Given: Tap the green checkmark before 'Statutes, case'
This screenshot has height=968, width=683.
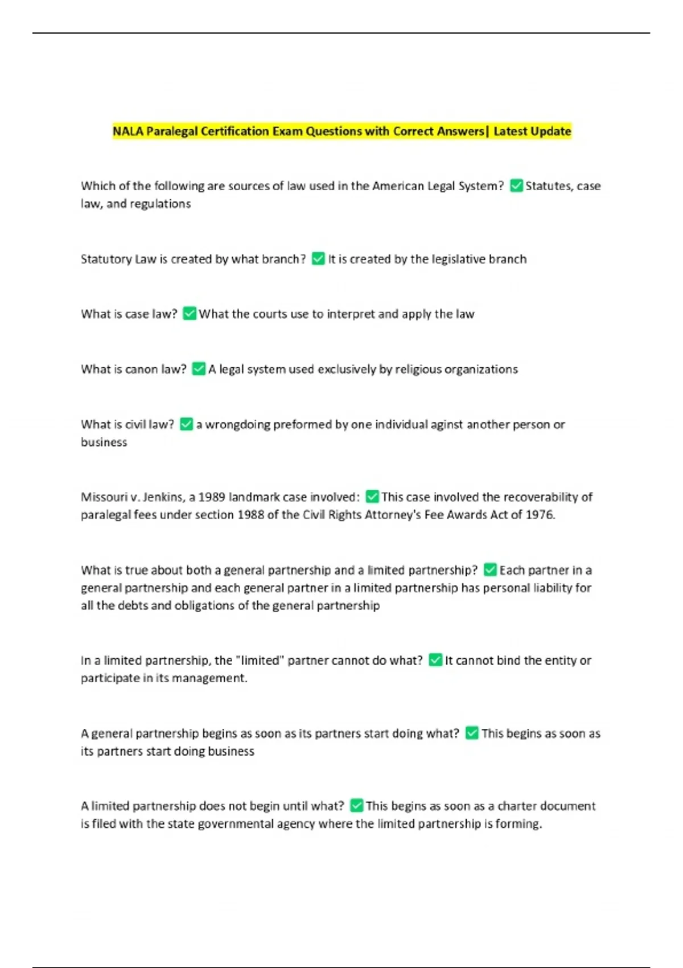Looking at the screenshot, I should click(516, 186).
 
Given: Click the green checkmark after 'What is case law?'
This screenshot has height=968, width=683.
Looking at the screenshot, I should click(190, 314).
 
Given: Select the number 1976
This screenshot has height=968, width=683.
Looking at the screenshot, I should click(539, 515).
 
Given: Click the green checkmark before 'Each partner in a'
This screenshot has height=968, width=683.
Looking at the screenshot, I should click(490, 570).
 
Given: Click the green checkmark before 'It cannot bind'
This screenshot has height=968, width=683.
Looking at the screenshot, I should click(435, 660).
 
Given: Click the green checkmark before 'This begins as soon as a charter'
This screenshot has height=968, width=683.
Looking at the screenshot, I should click(357, 806).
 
